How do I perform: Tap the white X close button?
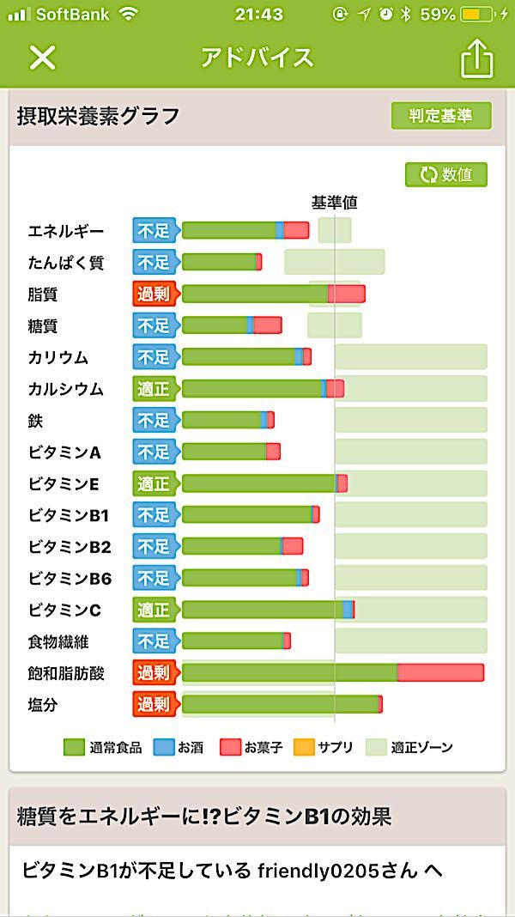[42, 58]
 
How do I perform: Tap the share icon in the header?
[477, 58]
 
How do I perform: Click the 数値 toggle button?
[446, 174]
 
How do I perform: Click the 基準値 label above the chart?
[334, 203]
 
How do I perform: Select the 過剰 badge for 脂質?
[154, 294]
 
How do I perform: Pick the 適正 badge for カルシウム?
[154, 389]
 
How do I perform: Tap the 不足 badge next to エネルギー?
[154, 230]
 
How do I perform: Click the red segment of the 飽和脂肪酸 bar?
[440, 672]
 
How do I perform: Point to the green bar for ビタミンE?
[257, 483]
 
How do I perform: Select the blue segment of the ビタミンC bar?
[347, 610]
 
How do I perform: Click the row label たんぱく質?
[66, 263]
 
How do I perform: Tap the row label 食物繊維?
[58, 641]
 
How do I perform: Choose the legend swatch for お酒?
[163, 747]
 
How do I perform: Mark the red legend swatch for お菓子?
[230, 747]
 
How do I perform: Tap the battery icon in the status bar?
[476, 15]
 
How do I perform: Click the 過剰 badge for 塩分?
[154, 705]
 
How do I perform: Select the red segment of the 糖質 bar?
[267, 325]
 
